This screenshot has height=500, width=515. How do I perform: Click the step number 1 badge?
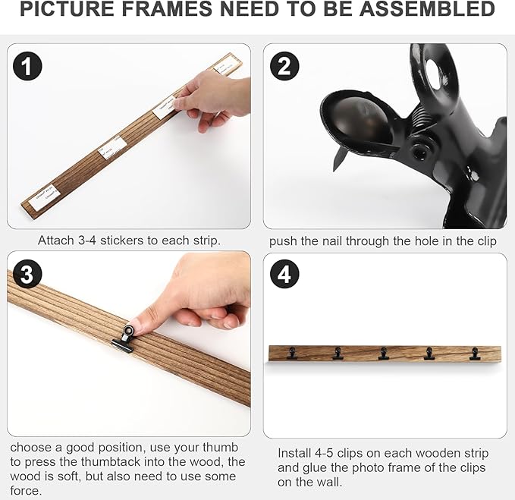click(27, 67)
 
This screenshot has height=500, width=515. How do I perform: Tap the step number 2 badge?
click(284, 67)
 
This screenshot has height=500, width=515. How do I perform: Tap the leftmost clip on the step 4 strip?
click(292, 353)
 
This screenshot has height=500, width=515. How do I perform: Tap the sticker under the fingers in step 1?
click(164, 108)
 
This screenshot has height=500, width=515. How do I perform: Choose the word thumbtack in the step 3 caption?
click(144, 461)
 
